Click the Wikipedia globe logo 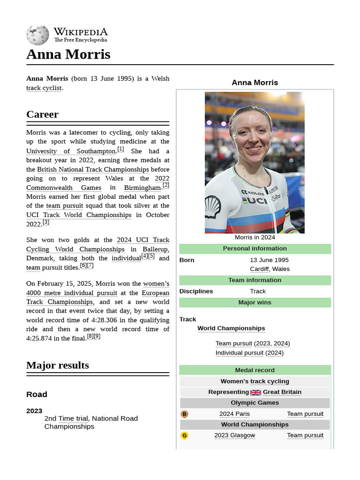(x=37, y=35)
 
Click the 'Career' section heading (x=43, y=114)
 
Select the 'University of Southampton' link (x=70, y=151)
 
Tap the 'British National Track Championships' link (x=93, y=169)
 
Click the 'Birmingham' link (x=142, y=187)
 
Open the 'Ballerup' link (x=155, y=249)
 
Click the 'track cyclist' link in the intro (x=44, y=88)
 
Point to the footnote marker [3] (x=45, y=222)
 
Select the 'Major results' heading (x=58, y=365)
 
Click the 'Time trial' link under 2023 (x=73, y=418)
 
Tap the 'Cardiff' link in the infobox (x=259, y=269)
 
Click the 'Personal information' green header (x=255, y=248)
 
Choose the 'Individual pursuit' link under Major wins (x=239, y=352)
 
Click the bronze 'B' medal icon (x=184, y=414)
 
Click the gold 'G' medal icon (x=184, y=435)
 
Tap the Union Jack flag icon (x=255, y=392)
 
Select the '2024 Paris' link (x=234, y=413)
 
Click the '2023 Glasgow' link (x=234, y=435)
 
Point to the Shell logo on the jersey (x=213, y=207)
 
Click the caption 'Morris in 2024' (x=255, y=237)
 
